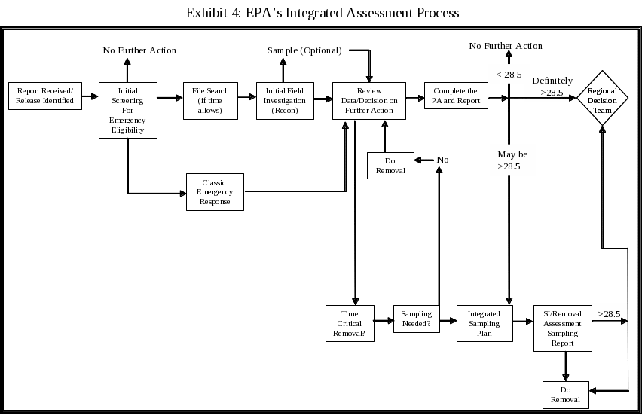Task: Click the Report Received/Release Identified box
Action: (44, 96)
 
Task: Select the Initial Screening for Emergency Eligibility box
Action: (127, 110)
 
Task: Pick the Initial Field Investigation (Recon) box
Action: (284, 100)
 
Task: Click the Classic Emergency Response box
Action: (215, 191)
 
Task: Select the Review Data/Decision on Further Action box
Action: (369, 100)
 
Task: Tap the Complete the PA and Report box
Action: (455, 96)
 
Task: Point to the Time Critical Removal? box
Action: (349, 322)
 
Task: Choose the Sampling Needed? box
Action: (416, 319)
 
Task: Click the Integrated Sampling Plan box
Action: (485, 323)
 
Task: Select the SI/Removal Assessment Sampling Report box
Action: (562, 328)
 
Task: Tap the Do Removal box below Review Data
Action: (390, 165)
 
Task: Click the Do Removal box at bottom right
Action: (565, 395)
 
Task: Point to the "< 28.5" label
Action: (509, 75)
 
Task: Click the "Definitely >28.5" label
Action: (552, 87)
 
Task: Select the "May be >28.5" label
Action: (512, 160)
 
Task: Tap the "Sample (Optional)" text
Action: (304, 50)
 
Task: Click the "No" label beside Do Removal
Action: (442, 160)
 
